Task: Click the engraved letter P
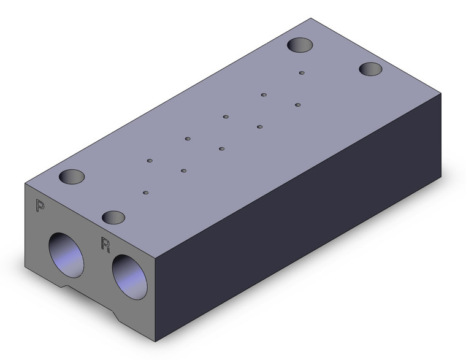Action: pos(40,205)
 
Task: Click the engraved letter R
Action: pos(105,244)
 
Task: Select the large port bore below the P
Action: pos(66,255)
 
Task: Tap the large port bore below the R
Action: pos(129,277)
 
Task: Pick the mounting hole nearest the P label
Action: pos(72,177)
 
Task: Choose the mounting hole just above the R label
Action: pos(113,217)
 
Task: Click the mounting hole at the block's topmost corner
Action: pos(300,45)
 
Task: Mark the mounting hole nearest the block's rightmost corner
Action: pos(370,69)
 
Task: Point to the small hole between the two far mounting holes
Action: pos(302,73)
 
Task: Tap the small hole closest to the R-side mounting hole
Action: pos(146,193)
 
